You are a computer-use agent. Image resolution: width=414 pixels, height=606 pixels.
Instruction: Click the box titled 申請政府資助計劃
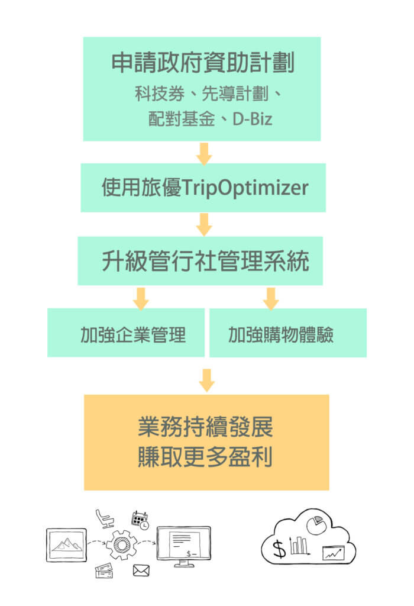pyautogui.click(x=202, y=89)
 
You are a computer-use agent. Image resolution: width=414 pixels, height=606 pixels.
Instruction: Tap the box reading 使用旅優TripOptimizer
pyautogui.click(x=203, y=188)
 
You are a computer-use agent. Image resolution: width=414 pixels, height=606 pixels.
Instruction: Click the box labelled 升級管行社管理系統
pyautogui.click(x=200, y=261)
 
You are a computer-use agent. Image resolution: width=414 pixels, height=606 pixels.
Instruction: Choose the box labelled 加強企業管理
pyautogui.click(x=126, y=333)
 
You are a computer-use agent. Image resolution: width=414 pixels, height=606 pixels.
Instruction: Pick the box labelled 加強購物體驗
pyautogui.click(x=288, y=333)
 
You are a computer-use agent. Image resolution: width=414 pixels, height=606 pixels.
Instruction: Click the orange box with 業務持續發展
pyautogui.click(x=206, y=442)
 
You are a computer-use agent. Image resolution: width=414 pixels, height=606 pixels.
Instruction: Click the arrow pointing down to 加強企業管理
pyautogui.click(x=140, y=298)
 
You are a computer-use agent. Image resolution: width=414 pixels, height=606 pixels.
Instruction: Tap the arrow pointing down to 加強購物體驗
pyautogui.click(x=271, y=298)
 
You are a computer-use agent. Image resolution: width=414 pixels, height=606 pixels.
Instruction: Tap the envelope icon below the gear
pyautogui.click(x=141, y=570)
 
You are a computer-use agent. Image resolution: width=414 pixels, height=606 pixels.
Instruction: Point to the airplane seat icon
pyautogui.click(x=104, y=518)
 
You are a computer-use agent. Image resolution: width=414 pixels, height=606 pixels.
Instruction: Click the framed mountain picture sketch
pyautogui.click(x=66, y=544)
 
